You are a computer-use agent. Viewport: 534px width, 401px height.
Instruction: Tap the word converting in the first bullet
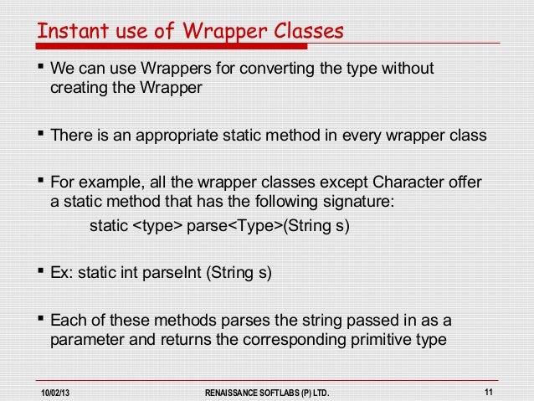click(284, 68)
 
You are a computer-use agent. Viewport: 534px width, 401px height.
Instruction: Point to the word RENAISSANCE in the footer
click(237, 391)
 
